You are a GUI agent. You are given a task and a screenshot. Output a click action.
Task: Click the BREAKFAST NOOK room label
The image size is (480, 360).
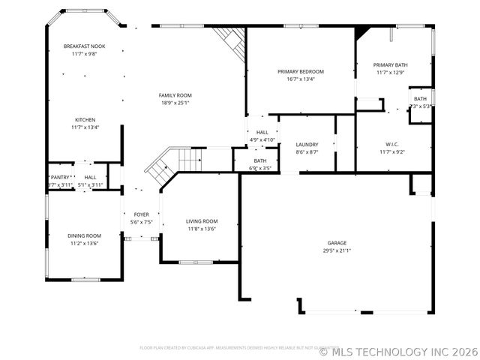(84, 46)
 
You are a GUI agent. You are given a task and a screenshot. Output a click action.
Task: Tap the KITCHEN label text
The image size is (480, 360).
(85, 120)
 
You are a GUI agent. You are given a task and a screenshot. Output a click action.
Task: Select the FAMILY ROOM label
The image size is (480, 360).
(175, 95)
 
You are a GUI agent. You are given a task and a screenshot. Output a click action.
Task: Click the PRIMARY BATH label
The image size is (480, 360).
(390, 65)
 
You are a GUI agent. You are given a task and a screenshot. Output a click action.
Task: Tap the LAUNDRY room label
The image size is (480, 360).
(307, 145)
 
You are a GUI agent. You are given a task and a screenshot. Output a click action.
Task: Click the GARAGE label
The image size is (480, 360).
(336, 243)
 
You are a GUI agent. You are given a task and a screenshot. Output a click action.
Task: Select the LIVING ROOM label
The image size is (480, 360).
(202, 221)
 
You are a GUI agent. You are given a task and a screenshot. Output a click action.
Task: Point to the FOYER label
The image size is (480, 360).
(141, 214)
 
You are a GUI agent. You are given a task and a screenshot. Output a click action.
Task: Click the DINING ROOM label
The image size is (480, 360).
(85, 235)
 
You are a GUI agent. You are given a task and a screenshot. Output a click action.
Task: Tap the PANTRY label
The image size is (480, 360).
(60, 177)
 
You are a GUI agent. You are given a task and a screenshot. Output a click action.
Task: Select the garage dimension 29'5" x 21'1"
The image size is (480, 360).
(336, 251)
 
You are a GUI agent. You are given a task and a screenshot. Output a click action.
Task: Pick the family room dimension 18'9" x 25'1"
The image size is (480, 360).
(175, 103)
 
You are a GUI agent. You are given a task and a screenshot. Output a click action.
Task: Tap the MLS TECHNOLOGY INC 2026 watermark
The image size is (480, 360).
(398, 351)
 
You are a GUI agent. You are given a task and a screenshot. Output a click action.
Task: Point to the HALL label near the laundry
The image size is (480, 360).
(262, 132)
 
